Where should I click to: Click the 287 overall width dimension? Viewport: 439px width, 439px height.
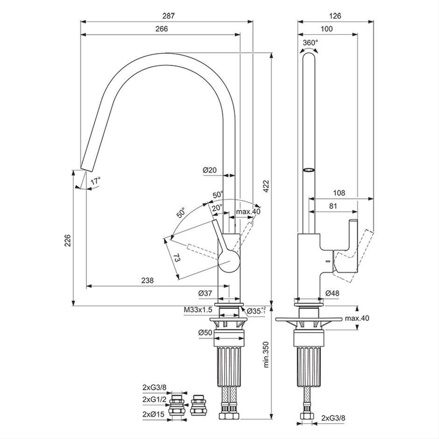[168, 16]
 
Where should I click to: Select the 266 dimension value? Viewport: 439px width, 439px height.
[162, 29]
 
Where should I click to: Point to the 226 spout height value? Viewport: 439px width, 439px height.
[68, 241]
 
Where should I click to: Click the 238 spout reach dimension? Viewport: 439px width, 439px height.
[147, 280]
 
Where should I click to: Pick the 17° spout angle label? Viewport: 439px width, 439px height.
[95, 181]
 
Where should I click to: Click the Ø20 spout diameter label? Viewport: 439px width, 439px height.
[210, 170]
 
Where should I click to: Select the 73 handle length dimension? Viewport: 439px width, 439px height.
[177, 258]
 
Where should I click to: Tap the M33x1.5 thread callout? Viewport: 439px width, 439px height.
[198, 310]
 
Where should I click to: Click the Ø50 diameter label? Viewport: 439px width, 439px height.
[205, 333]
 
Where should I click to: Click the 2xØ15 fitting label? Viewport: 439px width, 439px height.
[154, 414]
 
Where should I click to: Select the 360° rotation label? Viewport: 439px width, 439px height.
[311, 43]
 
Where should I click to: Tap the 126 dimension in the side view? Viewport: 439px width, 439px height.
[335, 16]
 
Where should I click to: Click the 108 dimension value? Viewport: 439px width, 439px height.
[339, 193]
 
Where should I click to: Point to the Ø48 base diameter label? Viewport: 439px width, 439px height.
[333, 293]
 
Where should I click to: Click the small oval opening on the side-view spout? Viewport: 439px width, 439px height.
[309, 170]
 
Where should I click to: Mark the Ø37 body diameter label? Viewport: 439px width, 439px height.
[205, 293]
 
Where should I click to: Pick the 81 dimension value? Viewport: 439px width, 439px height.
[333, 206]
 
